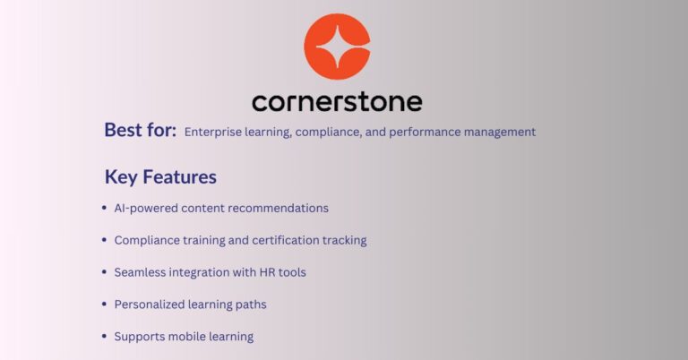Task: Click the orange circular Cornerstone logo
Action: pos(337,47)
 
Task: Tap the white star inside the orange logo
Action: pos(337,47)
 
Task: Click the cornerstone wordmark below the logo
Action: pos(337,100)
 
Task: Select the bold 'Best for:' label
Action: pos(140,131)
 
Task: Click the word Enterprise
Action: pos(212,132)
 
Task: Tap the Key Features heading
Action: pos(160,176)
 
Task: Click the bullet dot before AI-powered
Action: pos(106,209)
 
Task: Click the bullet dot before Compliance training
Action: pos(106,241)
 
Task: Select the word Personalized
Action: pos(148,304)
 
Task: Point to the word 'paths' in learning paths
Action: pos(250,304)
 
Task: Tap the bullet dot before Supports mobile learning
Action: pos(106,338)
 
